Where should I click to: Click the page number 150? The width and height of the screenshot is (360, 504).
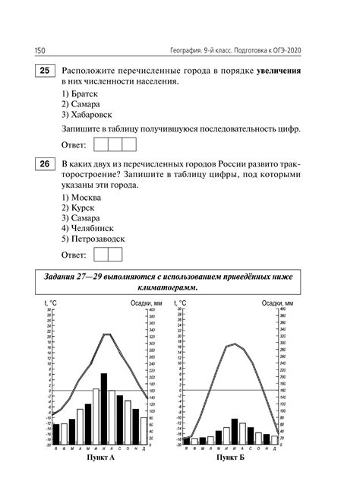coord(40,49)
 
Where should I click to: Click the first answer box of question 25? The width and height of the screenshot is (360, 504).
coord(99,144)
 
